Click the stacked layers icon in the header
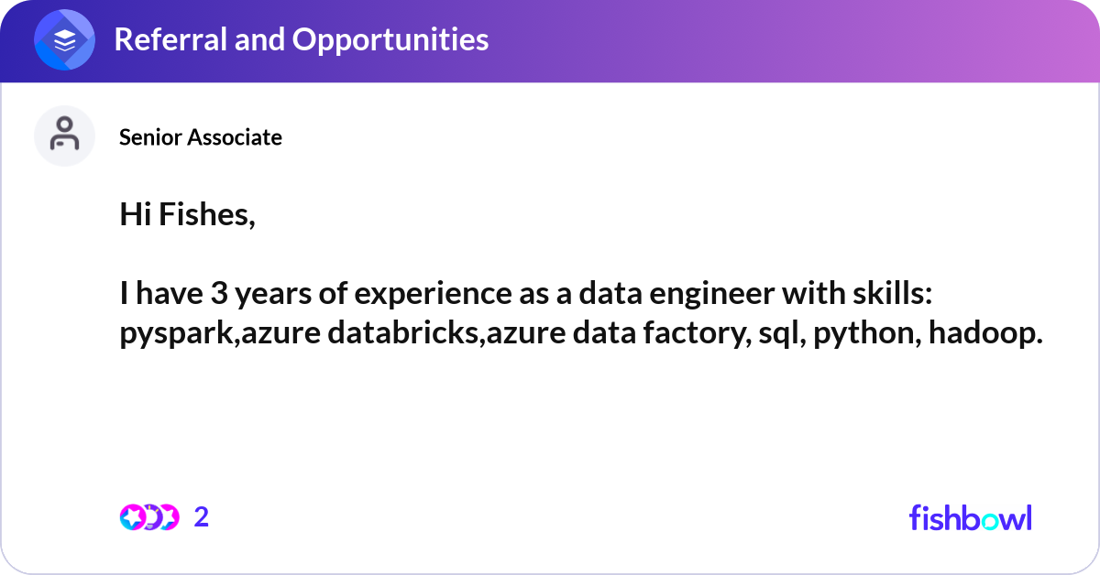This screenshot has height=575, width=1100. click(65, 40)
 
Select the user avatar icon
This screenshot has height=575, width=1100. click(65, 136)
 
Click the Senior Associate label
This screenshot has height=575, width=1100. click(201, 137)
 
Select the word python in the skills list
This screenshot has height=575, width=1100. click(858, 334)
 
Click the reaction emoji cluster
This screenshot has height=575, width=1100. click(148, 517)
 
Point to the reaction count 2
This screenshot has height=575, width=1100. click(202, 517)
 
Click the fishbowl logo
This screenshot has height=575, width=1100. click(970, 517)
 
